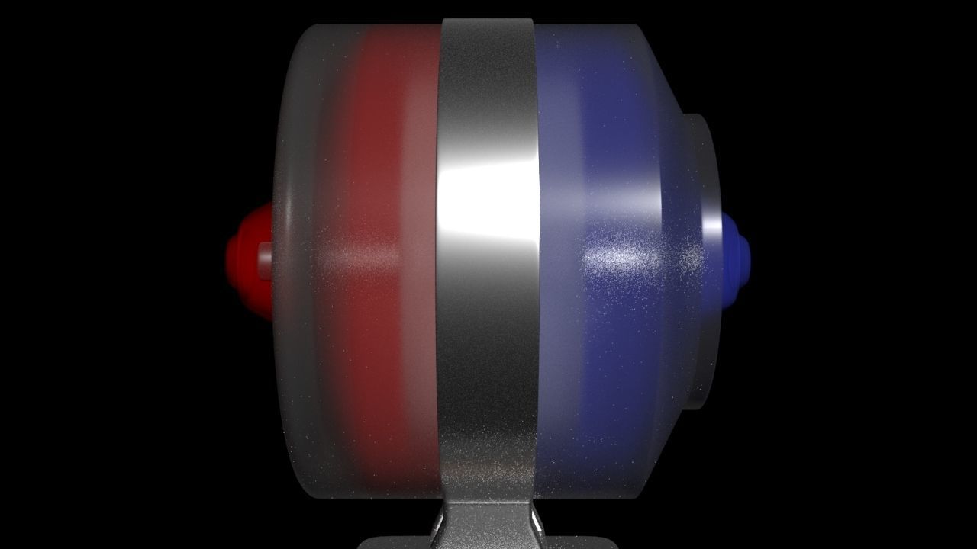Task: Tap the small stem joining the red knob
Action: coord(265,260)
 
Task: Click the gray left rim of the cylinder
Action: coord(294,267)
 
